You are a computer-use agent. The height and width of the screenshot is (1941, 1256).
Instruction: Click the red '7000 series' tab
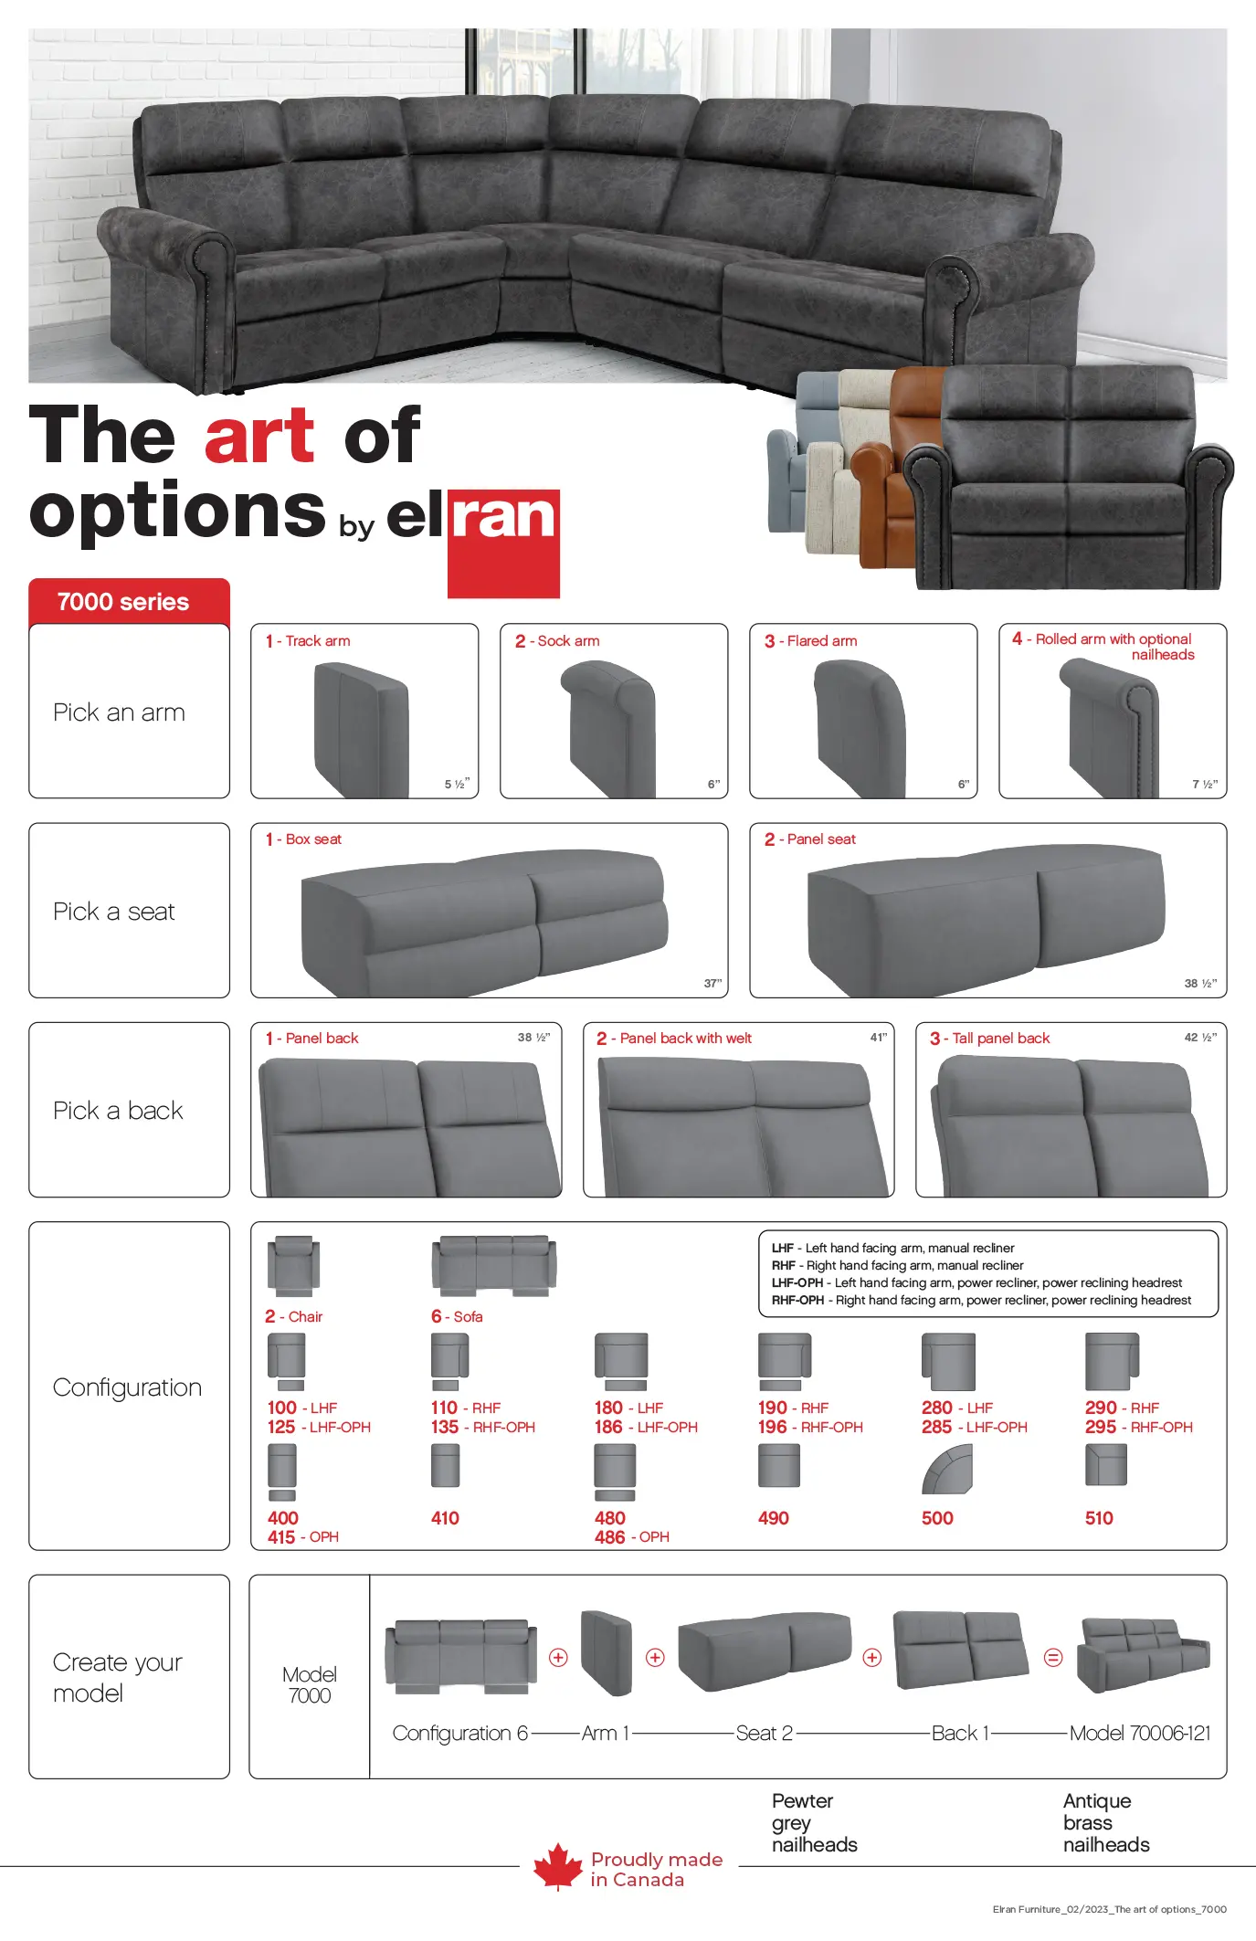129,602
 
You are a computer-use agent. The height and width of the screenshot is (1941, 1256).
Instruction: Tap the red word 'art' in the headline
259,436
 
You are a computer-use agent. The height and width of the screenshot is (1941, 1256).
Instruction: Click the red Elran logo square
503,544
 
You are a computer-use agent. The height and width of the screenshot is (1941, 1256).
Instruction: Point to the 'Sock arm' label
568,641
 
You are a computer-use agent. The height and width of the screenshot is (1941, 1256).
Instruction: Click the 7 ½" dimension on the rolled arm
1204,785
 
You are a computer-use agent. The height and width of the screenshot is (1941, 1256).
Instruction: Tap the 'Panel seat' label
821,839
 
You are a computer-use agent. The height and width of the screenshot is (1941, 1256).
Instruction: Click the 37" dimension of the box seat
712,984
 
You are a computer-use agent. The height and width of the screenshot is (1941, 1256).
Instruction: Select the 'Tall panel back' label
1001,1039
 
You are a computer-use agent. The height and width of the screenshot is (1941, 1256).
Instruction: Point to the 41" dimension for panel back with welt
879,1038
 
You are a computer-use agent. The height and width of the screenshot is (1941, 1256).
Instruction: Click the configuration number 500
937,1518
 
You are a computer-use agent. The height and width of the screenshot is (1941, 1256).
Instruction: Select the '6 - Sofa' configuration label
457,1316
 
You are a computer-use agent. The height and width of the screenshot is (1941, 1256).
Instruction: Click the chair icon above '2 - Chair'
293,1266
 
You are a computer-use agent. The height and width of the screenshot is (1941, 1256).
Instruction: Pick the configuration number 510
1099,1518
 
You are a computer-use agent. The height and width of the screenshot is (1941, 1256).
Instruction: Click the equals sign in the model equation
1053,1657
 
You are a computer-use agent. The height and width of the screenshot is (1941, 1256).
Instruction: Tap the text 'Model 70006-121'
1140,1733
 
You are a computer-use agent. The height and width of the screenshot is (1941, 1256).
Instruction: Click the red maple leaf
558,1866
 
